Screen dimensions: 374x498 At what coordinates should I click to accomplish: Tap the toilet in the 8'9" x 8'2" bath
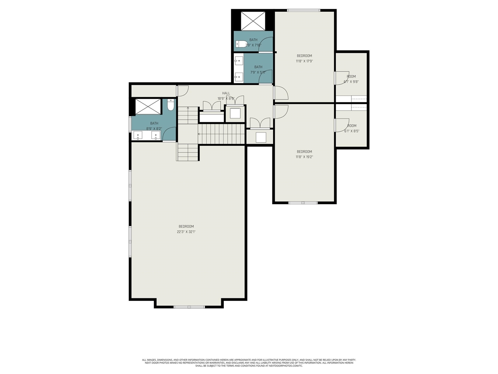tap(170, 105)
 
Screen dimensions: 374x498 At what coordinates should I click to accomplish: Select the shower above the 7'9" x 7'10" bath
tap(253, 21)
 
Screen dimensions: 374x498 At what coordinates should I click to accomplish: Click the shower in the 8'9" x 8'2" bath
tap(148, 107)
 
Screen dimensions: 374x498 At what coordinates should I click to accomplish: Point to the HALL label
tap(226, 93)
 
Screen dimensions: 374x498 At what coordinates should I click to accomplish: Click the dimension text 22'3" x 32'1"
tap(186, 232)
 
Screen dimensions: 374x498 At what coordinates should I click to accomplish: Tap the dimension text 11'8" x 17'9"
tap(304, 61)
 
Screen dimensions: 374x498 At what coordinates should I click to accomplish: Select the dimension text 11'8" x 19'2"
tap(304, 157)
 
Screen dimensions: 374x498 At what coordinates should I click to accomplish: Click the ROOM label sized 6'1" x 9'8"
tap(351, 76)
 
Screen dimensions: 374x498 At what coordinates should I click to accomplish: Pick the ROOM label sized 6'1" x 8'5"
tap(352, 125)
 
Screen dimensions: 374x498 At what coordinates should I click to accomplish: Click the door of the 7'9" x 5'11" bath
tap(266, 77)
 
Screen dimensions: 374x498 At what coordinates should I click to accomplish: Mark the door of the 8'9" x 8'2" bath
tap(169, 134)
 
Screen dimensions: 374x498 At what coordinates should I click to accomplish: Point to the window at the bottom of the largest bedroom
tap(189, 307)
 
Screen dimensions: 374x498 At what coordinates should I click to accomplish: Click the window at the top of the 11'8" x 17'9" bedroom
tap(303, 10)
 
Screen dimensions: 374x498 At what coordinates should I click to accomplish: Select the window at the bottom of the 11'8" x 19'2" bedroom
tap(303, 203)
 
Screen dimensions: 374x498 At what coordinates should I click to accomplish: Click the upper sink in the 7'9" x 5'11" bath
tap(238, 61)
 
